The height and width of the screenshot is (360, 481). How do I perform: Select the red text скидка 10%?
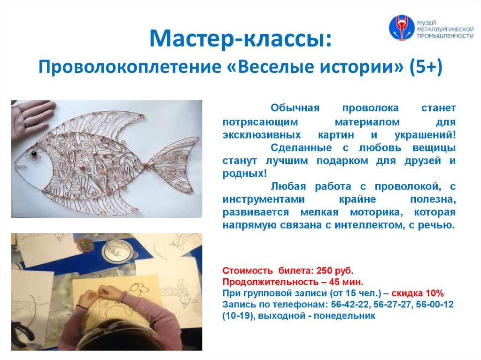click(422, 293)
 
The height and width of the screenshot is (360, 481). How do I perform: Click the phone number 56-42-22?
click(347, 305)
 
